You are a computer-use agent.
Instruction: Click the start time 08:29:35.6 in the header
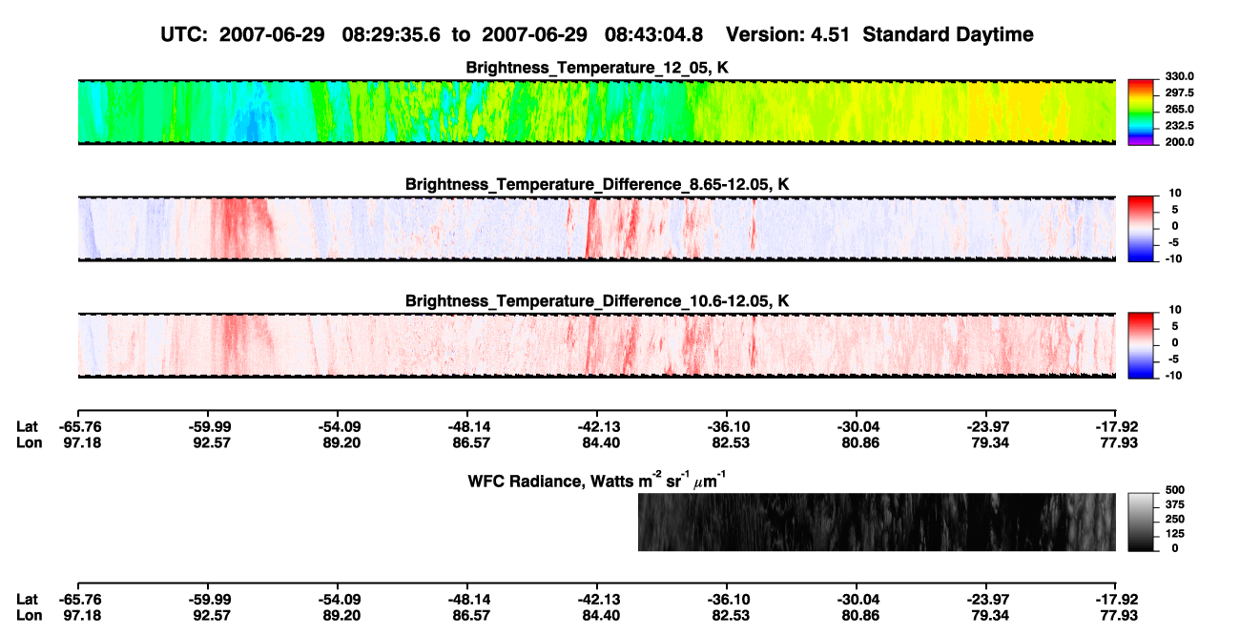[391, 35]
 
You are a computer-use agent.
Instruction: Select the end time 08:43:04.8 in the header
[653, 35]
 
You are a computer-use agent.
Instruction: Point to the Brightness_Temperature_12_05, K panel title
[597, 68]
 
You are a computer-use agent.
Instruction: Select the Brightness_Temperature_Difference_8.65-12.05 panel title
[597, 184]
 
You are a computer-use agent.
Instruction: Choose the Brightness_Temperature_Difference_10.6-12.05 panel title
[597, 301]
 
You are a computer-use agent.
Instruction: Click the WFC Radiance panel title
[597, 481]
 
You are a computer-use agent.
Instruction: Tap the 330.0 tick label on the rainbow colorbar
[1179, 76]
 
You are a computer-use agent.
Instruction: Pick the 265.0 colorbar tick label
[1179, 109]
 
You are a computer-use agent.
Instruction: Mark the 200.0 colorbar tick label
[1179, 142]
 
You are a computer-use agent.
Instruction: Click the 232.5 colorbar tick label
[1179, 126]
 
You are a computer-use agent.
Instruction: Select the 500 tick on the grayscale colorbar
[1175, 490]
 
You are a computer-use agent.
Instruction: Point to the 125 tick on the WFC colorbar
[1175, 534]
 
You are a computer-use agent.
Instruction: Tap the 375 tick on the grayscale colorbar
[1175, 504]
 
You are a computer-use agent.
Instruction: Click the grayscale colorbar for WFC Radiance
[1141, 522]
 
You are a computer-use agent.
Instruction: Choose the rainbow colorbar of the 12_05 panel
[1141, 113]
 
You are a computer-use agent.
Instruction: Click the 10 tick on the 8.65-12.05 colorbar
[1175, 194]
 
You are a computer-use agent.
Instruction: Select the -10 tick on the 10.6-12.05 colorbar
[1173, 376]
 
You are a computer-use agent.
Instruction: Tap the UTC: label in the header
[184, 35]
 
